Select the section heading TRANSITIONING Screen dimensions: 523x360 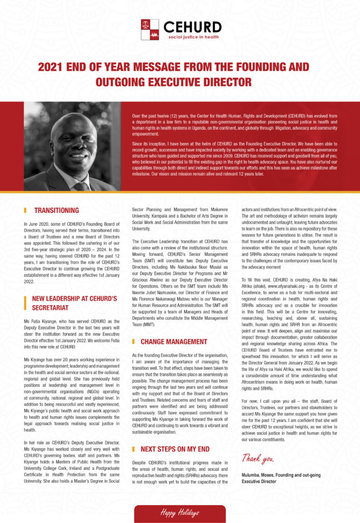[56, 210]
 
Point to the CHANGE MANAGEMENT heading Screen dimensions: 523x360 [174, 341]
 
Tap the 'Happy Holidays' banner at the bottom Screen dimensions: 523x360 [180, 512]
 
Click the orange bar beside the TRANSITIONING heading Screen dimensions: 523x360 [25, 210]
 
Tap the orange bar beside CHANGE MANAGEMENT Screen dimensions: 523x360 [133, 341]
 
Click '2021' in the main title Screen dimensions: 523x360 [53, 67]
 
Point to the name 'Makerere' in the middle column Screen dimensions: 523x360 [218, 209]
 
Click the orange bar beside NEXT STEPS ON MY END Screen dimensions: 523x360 [133, 449]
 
